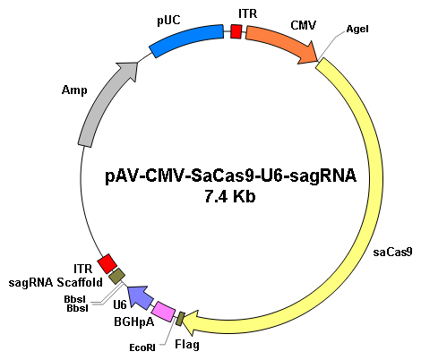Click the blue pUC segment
point(186,40)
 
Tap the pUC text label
point(168,21)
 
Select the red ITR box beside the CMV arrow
point(236,31)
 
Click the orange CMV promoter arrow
point(280,42)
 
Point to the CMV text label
point(303,25)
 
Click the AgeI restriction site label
point(357,29)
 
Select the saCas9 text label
point(392,253)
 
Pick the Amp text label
point(74,90)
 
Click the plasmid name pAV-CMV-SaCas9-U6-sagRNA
point(230,176)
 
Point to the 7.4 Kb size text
point(230,197)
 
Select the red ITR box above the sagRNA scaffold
point(107,263)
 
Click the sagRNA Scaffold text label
point(56,282)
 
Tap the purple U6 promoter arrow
point(141,297)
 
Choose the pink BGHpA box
point(163,312)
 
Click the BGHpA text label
point(134,322)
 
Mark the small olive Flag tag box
point(180,319)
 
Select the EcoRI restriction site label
point(142,347)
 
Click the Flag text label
point(187,345)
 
